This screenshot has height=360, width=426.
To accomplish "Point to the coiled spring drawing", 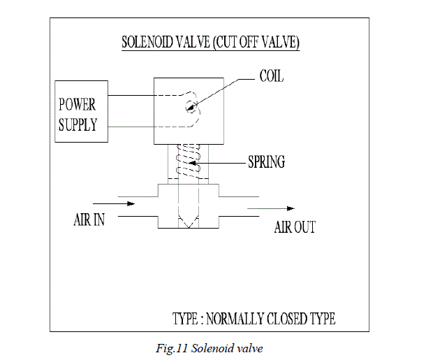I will click(x=187, y=163).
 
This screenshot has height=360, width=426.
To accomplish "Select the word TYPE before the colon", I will click(x=186, y=319).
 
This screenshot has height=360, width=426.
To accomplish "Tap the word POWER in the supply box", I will click(x=77, y=106).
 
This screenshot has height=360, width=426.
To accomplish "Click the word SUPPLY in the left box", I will click(x=78, y=126).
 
